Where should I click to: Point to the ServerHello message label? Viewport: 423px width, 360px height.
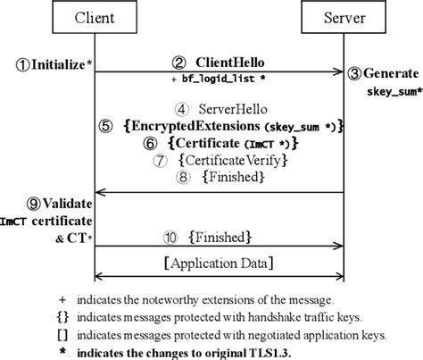point(223,108)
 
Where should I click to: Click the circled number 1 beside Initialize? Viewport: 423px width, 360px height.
point(22,64)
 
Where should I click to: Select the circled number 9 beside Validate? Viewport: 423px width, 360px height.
point(21,204)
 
